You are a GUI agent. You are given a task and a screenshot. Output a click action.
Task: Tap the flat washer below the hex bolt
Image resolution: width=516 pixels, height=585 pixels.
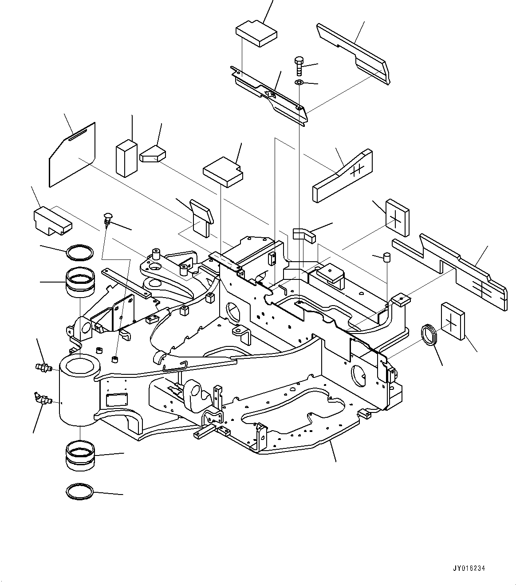pyautogui.click(x=299, y=83)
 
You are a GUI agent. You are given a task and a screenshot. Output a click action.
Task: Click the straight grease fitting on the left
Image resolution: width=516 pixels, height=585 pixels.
pyautogui.click(x=43, y=368)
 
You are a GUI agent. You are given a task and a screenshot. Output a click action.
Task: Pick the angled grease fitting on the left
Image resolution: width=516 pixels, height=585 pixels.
pyautogui.click(x=43, y=398)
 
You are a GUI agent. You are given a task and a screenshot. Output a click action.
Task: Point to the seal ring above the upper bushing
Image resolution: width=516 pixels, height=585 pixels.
pyautogui.click(x=80, y=253)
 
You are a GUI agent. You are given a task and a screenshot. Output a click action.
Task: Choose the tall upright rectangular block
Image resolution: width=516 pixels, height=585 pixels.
pyautogui.click(x=126, y=158)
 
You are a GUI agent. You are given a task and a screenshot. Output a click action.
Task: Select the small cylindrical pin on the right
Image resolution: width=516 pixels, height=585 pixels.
pyautogui.click(x=386, y=258)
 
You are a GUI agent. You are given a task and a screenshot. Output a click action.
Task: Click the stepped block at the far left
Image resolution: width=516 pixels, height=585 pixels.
pyautogui.click(x=52, y=220)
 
